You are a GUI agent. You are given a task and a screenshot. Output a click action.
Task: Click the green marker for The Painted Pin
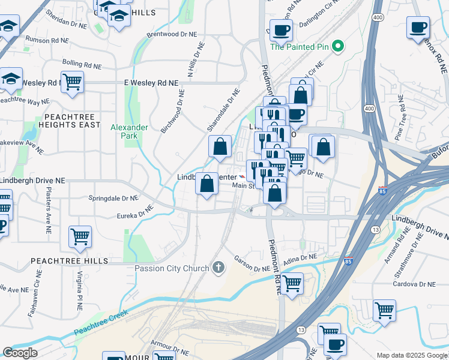[338, 46]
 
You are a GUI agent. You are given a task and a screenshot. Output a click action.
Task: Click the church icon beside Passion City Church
[218, 268]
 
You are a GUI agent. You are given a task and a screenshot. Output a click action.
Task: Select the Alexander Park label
[129, 131]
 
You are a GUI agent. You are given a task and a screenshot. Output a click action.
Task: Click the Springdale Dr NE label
[114, 198]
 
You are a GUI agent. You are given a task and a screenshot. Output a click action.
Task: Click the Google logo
[20, 353]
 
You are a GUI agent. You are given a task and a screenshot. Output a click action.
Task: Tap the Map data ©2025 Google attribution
[411, 355]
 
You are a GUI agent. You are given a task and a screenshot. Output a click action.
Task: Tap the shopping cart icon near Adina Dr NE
[292, 283]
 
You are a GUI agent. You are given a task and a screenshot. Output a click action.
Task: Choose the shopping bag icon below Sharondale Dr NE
[220, 146]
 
